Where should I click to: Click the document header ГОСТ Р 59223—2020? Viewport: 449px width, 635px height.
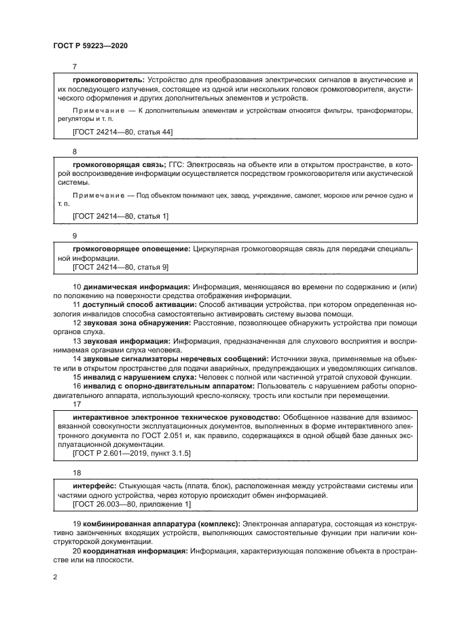90,46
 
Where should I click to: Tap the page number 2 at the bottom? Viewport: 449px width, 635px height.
55,576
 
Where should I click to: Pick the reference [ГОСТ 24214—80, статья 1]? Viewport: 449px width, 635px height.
121,216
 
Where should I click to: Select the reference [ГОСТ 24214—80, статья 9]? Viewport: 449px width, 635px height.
121,268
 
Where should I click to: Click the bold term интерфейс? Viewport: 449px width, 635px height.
94,486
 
